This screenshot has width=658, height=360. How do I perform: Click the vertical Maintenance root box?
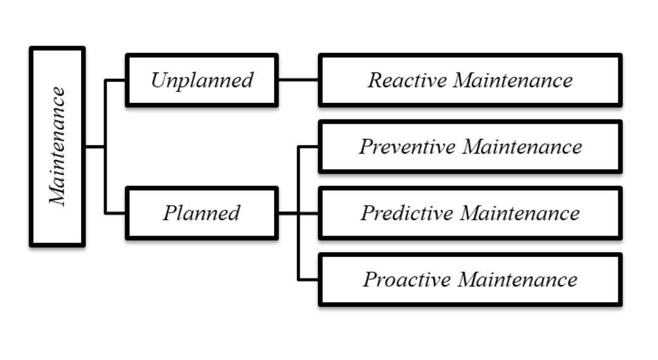pos(57,146)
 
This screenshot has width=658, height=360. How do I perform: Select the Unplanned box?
pos(202,80)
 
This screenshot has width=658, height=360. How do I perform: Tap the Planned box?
pos(202,213)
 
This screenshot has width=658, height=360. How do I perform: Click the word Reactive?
pos(408,80)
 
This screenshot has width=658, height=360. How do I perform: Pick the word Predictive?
pos(408,213)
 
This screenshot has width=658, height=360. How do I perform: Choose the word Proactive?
pos(407,280)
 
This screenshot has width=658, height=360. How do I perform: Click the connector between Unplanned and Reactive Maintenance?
pos(299,79)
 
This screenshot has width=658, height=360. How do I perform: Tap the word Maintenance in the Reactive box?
pos(513,80)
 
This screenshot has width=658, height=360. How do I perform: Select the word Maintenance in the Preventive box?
pos(523,146)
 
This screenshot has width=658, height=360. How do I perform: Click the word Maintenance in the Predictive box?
pos(520,213)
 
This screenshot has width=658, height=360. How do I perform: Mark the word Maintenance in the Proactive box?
pos(518,280)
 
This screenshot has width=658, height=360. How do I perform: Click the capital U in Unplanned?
pos(159,80)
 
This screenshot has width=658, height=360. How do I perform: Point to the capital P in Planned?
pos(170,213)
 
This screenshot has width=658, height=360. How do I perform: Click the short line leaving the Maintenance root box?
pos(95,146)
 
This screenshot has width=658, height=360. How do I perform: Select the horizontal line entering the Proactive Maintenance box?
pos(308,280)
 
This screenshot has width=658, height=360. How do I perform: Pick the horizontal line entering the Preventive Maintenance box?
pos(308,147)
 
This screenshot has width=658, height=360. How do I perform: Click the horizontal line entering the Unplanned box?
pos(115,80)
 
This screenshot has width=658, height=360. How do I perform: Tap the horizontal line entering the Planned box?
pos(115,213)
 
